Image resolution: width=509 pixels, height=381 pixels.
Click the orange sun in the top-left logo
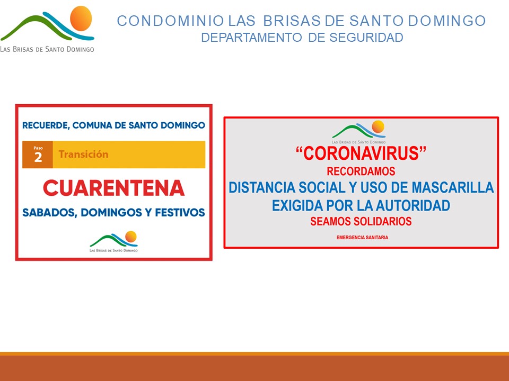[81, 19]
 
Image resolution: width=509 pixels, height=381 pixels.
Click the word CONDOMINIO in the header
[170, 21]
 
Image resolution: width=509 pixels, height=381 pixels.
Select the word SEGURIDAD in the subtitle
[366, 38]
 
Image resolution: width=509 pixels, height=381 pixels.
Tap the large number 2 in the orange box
[38, 158]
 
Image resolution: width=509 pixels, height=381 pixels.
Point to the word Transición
[83, 154]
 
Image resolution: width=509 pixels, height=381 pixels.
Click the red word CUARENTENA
[113, 188]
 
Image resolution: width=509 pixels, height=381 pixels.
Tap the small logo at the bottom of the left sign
[113, 242]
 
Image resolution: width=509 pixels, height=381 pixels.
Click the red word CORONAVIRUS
[361, 153]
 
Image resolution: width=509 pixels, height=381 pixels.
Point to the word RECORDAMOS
[361, 171]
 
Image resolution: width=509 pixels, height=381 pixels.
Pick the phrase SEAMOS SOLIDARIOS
[361, 221]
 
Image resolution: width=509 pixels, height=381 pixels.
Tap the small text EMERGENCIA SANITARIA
[362, 238]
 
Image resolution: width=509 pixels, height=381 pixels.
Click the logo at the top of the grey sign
[359, 132]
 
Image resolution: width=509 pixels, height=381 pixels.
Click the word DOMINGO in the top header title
[446, 21]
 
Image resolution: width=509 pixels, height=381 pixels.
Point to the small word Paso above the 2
[38, 148]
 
